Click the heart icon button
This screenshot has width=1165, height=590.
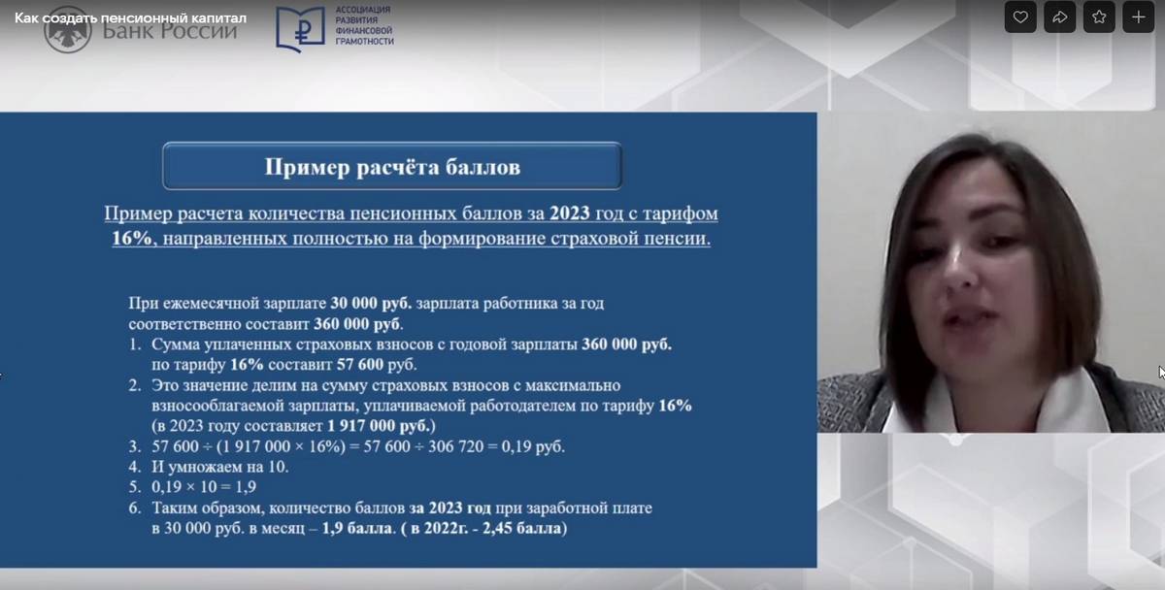(1020, 17)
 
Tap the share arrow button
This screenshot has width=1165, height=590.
(1059, 17)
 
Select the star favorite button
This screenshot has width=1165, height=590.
(1099, 17)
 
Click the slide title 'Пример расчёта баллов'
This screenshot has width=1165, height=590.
(392, 167)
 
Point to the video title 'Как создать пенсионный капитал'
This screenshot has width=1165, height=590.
(130, 18)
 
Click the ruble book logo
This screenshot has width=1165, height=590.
(300, 28)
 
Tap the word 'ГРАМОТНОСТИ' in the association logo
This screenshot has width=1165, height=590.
(365, 42)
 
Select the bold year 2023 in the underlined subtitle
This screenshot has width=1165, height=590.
(570, 213)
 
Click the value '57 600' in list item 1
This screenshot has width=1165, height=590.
(360, 365)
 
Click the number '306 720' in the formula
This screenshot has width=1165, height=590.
(456, 446)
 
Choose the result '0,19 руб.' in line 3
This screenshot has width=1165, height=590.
(533, 446)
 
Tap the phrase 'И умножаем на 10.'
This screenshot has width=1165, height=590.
(220, 467)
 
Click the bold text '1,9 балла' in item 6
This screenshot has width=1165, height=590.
(357, 528)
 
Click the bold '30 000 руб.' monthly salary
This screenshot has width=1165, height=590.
(371, 303)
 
